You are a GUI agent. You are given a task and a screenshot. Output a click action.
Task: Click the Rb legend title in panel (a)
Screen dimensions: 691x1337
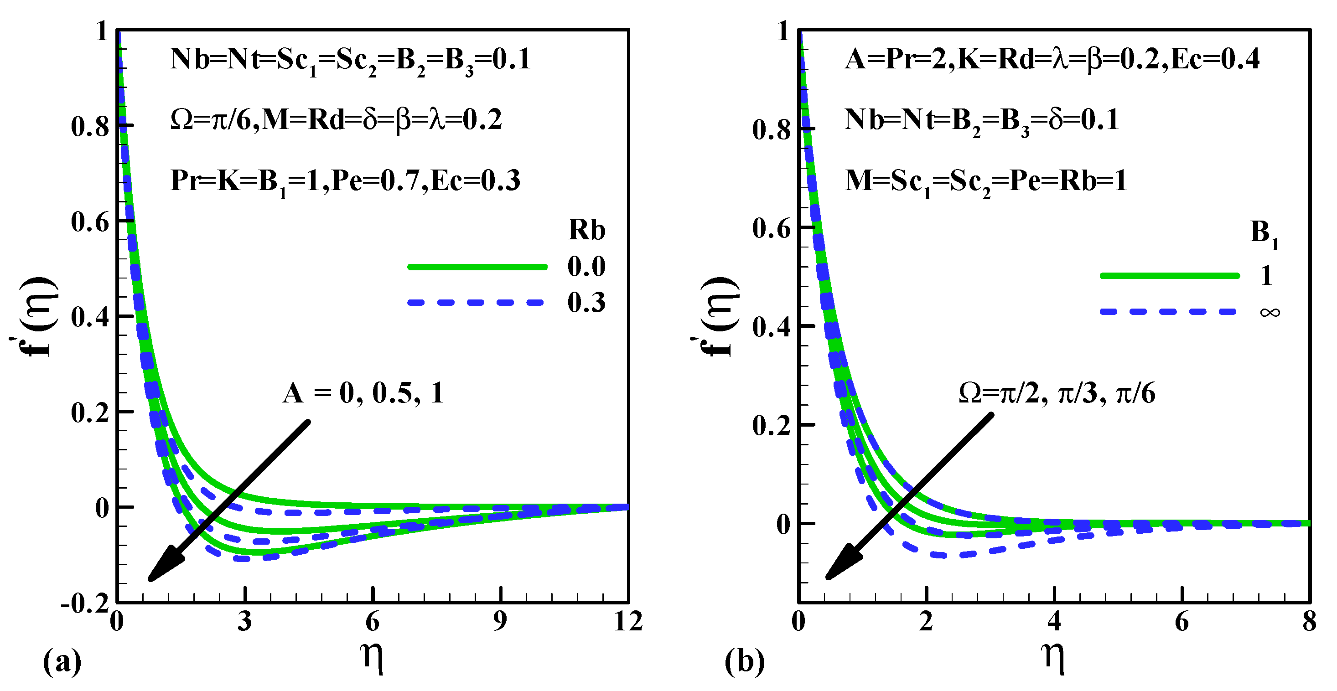[x=586, y=230]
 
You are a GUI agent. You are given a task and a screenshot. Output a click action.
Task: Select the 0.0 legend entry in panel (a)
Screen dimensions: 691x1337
[x=586, y=267]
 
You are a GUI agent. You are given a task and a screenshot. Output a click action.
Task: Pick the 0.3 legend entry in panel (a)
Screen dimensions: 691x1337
[x=586, y=303]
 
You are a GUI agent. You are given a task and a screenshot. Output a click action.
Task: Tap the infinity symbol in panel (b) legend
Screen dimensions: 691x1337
[x=1270, y=312]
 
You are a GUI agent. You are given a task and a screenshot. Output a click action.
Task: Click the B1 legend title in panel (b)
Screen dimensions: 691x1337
[x=1264, y=234]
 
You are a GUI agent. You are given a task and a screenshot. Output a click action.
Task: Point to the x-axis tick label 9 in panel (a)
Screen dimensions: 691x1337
[x=500, y=621]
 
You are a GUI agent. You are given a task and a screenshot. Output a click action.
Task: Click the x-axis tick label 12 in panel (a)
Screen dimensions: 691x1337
[x=628, y=621]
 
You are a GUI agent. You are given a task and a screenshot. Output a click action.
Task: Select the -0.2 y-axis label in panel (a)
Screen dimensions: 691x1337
[x=85, y=604]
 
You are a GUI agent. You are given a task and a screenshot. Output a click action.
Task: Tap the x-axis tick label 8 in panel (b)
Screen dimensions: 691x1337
[x=1310, y=621]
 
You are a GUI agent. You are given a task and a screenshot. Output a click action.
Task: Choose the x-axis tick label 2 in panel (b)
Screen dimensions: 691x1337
[x=926, y=621]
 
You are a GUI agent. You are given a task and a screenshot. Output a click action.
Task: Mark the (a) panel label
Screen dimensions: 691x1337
[x=62, y=661]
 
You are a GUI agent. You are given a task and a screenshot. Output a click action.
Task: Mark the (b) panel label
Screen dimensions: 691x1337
[x=744, y=661]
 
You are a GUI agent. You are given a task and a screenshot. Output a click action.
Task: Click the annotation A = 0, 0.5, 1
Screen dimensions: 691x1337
[x=363, y=393]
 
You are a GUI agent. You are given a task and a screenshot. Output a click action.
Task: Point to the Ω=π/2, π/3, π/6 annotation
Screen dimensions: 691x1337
[x=1057, y=393]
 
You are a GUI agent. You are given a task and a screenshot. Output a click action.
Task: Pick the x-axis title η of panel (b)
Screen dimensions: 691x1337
[x=1053, y=657]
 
